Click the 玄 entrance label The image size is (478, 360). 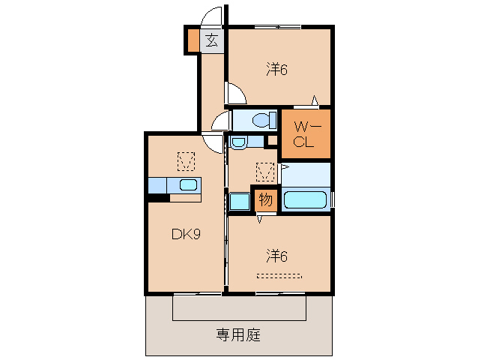pos(212,41)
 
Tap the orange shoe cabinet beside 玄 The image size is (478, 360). pos(193,41)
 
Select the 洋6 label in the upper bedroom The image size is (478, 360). pos(276,70)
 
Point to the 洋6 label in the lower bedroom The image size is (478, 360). pos(276,256)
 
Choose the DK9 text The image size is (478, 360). pos(185,234)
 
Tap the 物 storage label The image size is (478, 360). pos(264,199)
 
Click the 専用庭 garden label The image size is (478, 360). pos(238,335)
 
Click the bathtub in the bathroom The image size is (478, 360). pos(306,200)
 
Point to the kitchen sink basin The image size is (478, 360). pos(187,185)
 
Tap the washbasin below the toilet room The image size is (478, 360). pos(238,142)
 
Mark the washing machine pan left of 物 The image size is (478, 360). pos(240,201)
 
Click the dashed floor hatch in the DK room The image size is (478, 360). pos(185,160)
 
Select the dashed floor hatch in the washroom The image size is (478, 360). pos(265,172)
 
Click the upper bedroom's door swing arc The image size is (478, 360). pos(235,94)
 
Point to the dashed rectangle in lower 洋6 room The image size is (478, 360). pos(279,276)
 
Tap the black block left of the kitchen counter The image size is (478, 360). pos(158,198)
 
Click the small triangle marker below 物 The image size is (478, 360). pos(260,219)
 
